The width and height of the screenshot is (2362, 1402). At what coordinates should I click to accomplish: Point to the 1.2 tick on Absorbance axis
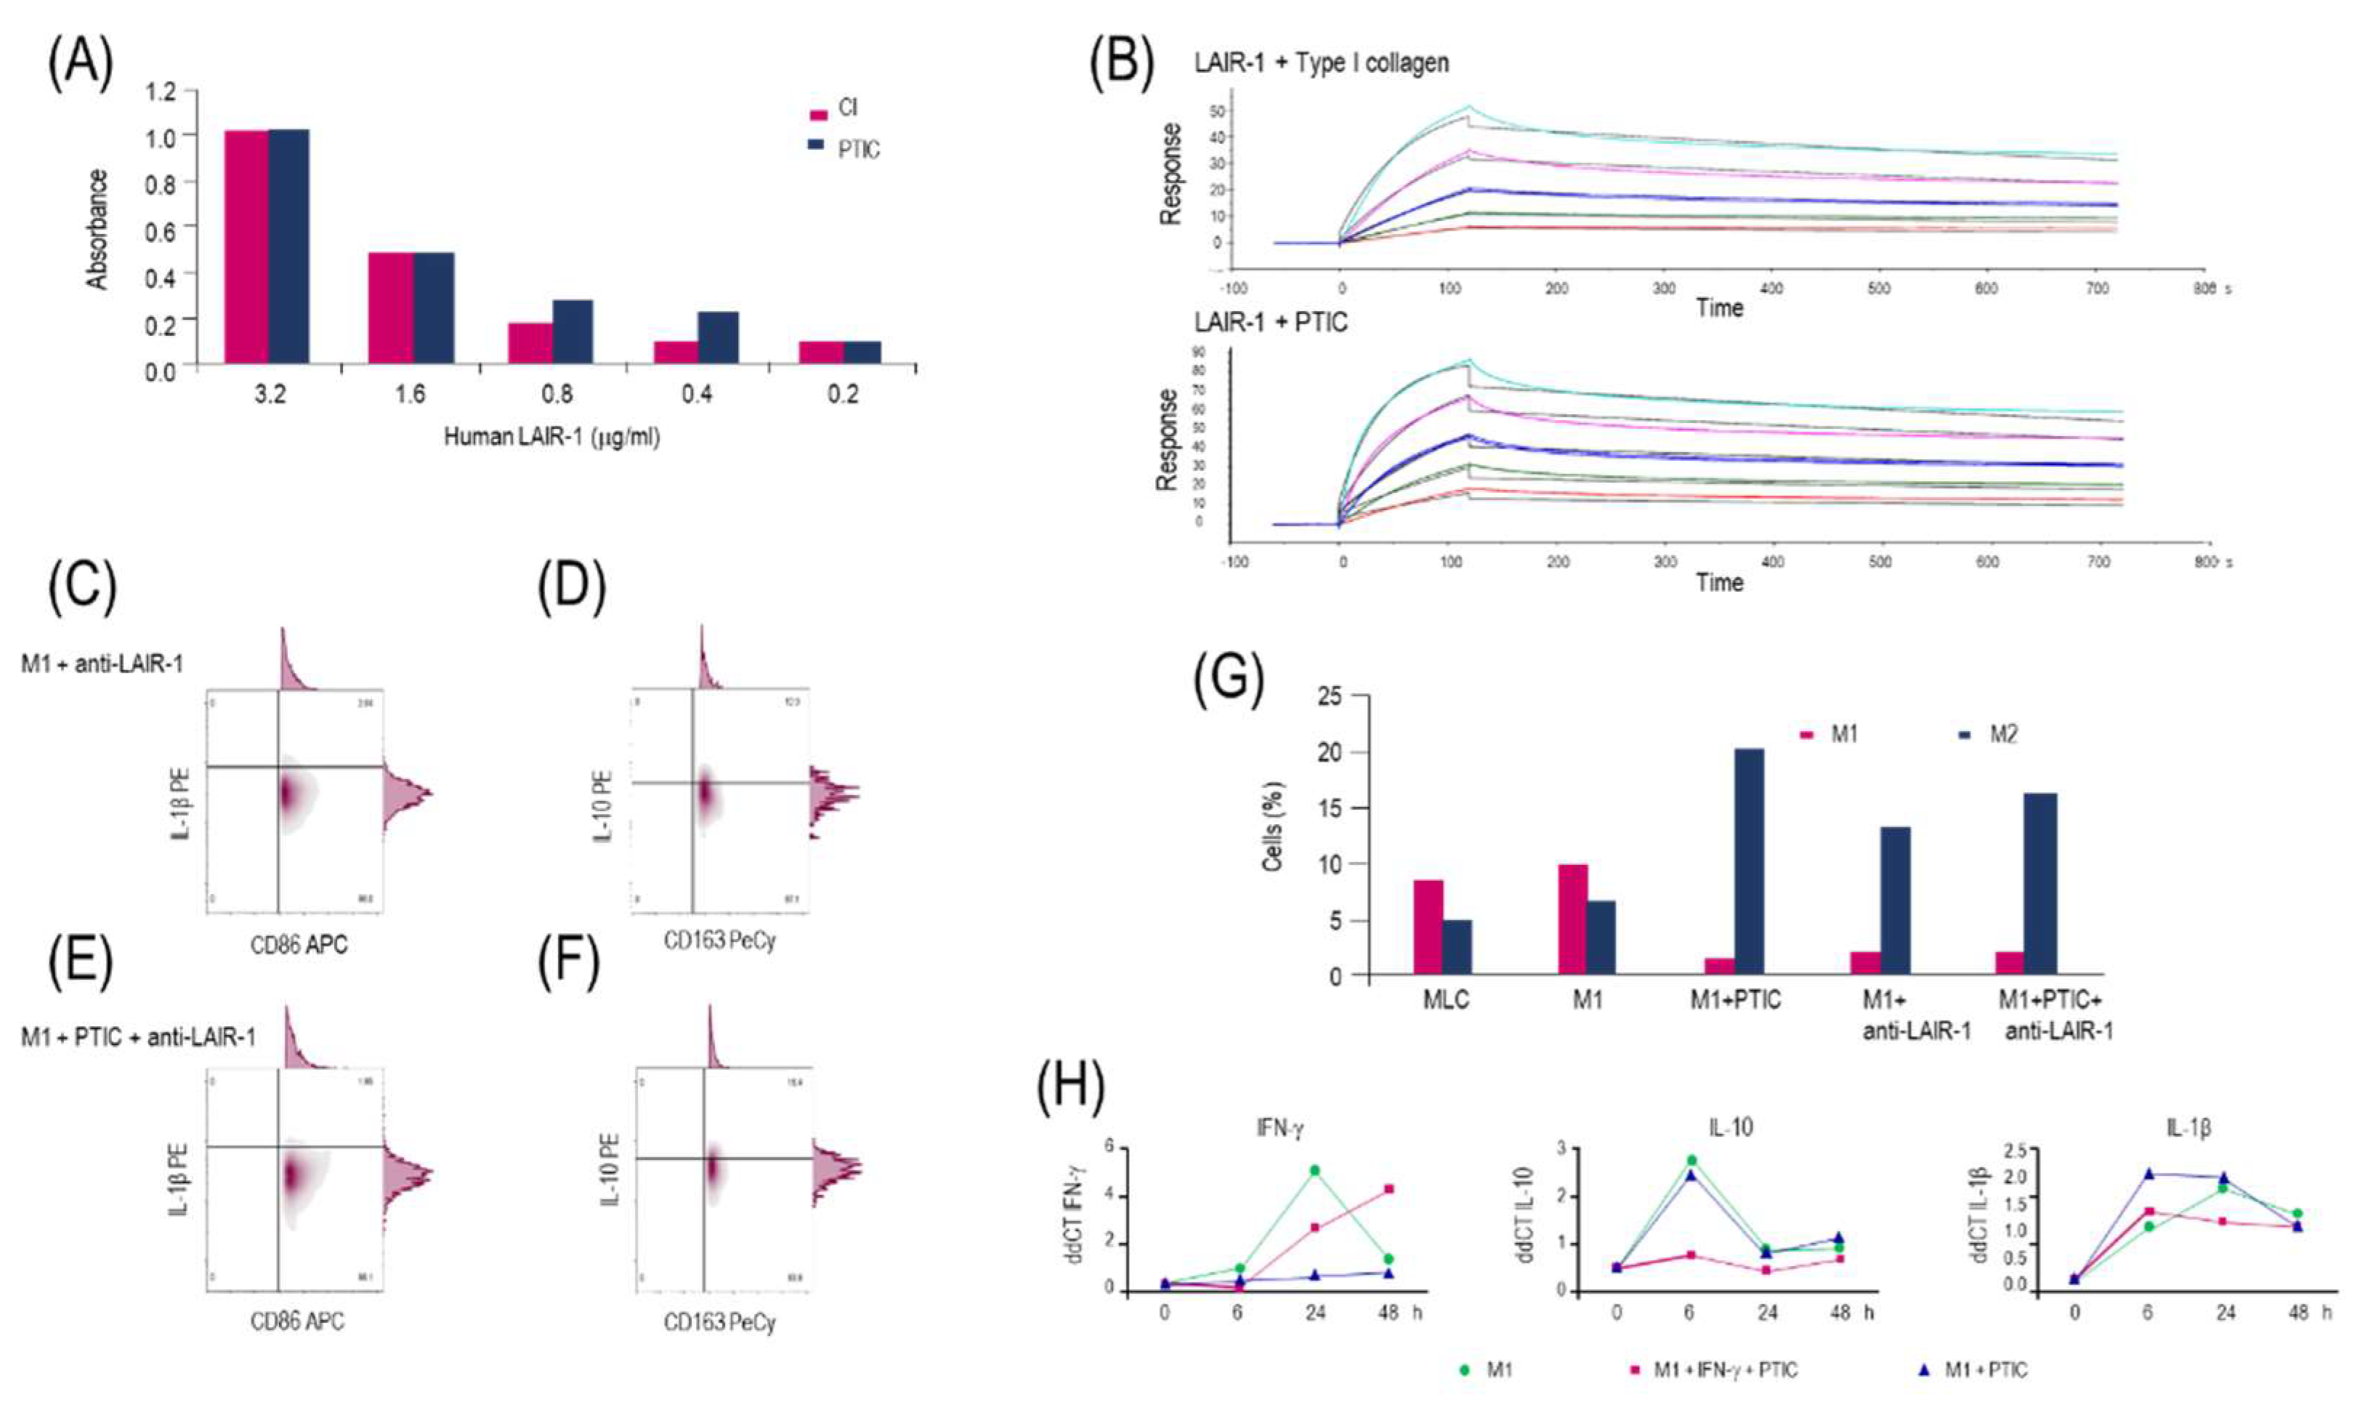(x=161, y=92)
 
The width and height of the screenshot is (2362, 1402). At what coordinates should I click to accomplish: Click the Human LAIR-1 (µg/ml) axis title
(x=551, y=438)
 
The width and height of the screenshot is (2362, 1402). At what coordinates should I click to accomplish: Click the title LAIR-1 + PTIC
(x=1270, y=323)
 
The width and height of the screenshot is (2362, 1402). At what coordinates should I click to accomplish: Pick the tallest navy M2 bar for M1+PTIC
(x=1748, y=861)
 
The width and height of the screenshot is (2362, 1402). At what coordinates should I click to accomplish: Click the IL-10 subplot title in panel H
(x=1729, y=1128)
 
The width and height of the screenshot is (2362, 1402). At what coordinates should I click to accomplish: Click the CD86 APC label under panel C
(x=299, y=945)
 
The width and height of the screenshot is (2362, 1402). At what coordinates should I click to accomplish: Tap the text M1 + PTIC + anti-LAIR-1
(x=138, y=1037)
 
